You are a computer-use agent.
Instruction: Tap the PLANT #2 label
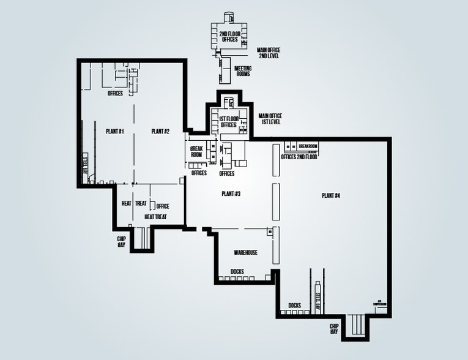coord(160,131)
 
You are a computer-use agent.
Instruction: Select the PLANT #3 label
coord(231,193)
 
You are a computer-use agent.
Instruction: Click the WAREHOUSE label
coord(245,252)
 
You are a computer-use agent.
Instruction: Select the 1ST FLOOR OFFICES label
coord(228,122)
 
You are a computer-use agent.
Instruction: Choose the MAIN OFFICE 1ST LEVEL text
coord(269,119)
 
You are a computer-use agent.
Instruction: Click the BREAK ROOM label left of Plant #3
coord(196,152)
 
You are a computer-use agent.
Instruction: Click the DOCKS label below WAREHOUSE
coord(238,271)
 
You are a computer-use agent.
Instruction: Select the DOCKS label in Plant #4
coord(295,304)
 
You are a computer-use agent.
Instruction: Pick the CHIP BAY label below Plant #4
coord(334,329)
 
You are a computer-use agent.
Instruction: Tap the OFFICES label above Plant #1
coord(115,94)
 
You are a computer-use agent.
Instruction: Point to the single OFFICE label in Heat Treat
coord(163,206)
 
